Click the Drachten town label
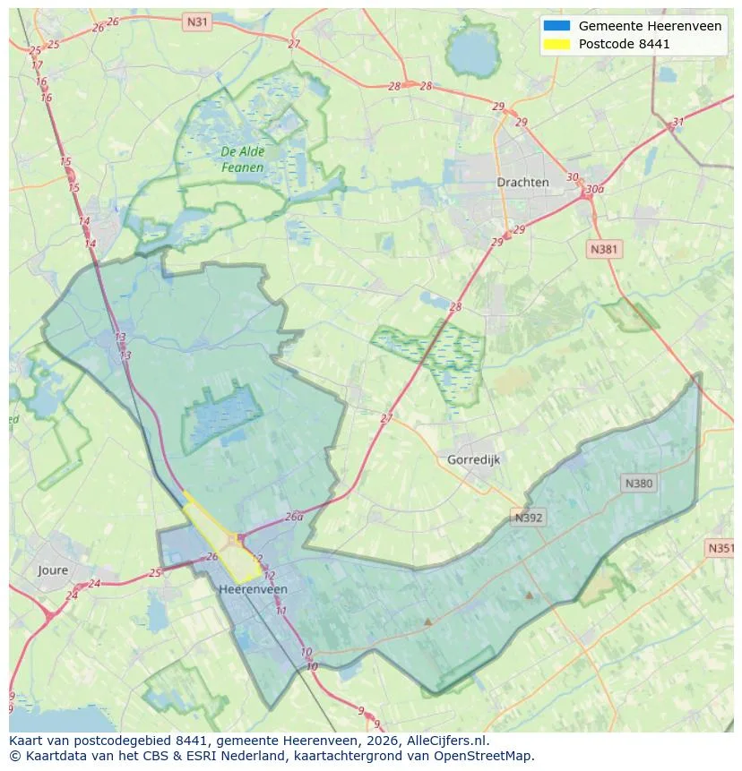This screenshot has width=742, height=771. [522, 182]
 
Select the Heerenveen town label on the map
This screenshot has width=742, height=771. [253, 589]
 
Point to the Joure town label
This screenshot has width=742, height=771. [53, 570]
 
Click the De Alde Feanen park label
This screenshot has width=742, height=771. [242, 159]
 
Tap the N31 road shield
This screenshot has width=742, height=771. [196, 21]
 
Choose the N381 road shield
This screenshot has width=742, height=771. [604, 250]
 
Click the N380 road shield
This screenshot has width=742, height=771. [638, 484]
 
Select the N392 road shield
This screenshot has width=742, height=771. [529, 518]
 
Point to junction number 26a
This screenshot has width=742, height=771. [294, 517]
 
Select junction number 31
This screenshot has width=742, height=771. [677, 123]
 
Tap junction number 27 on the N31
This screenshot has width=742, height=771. [294, 43]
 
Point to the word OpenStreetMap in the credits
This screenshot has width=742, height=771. [482, 756]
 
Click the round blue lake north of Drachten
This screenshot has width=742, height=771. [472, 56]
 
